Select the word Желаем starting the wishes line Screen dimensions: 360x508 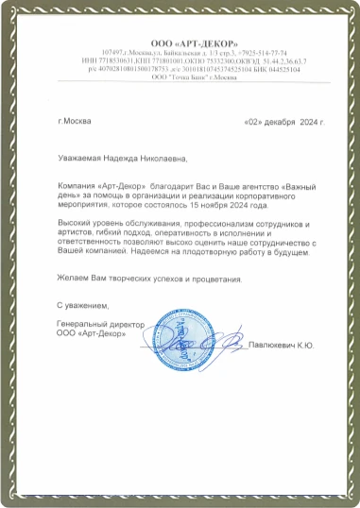click(x=73, y=279)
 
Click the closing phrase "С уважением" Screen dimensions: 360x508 click(x=83, y=307)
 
